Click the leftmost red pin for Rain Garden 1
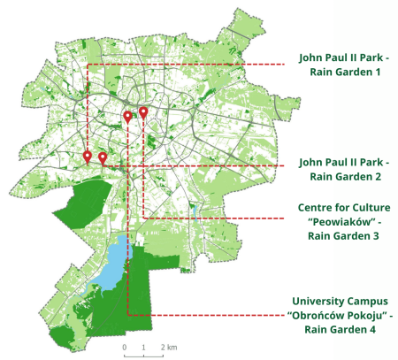pyautogui.click(x=87, y=157)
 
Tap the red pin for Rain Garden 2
pyautogui.click(x=103, y=158)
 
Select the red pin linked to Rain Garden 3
pyautogui.click(x=143, y=113)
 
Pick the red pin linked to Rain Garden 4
pyautogui.click(x=127, y=117)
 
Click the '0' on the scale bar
pyautogui.click(x=125, y=347)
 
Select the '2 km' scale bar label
pyautogui.click(x=170, y=347)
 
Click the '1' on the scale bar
pyautogui.click(x=143, y=347)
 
